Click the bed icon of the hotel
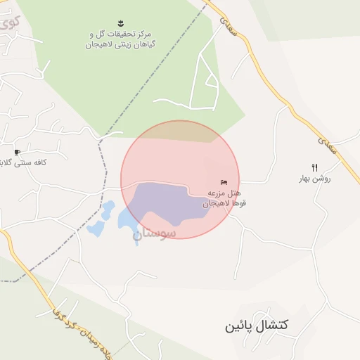pos(224,182)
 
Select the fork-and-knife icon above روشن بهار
pos(314,167)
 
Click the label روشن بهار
pos(315,179)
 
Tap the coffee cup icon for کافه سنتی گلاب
pos(17,152)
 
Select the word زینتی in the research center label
pos(106,44)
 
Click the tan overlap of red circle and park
pos(179,131)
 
